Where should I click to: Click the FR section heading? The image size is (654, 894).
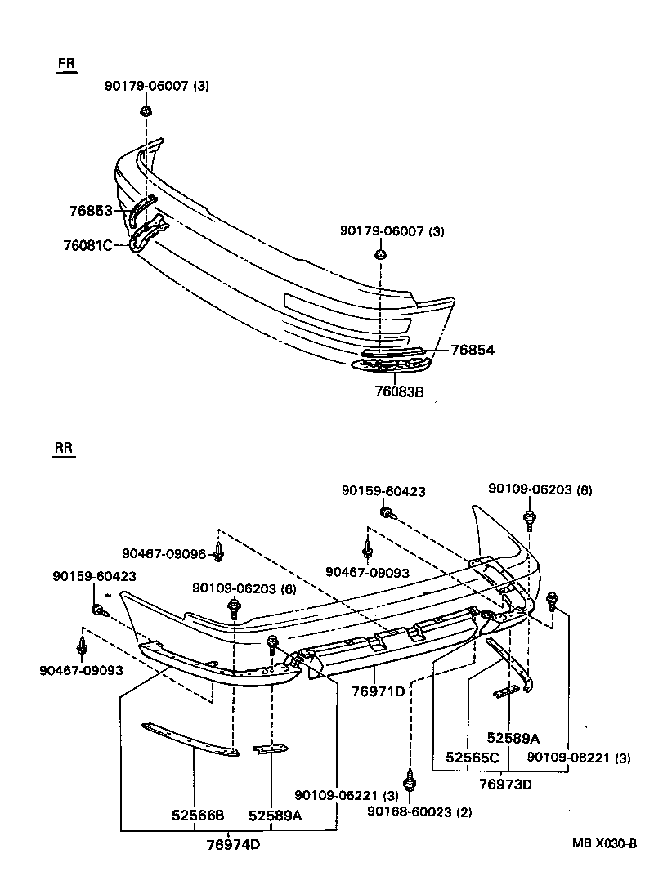(x=66, y=65)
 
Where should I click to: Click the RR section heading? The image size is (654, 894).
(x=64, y=449)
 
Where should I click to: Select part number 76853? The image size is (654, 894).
(x=91, y=211)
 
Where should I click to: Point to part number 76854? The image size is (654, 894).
(x=473, y=350)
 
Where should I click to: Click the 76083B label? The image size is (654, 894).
(x=401, y=391)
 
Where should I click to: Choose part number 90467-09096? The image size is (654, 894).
(x=163, y=553)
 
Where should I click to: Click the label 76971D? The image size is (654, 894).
(x=379, y=691)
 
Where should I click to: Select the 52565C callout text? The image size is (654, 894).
(x=472, y=758)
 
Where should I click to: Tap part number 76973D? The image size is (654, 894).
(x=505, y=784)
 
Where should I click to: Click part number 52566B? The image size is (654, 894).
(x=198, y=815)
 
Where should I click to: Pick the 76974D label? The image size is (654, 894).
(x=232, y=844)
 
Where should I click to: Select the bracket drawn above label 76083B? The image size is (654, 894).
(x=388, y=365)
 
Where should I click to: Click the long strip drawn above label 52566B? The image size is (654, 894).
(x=190, y=738)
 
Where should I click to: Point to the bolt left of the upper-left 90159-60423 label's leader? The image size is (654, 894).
(x=97, y=610)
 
